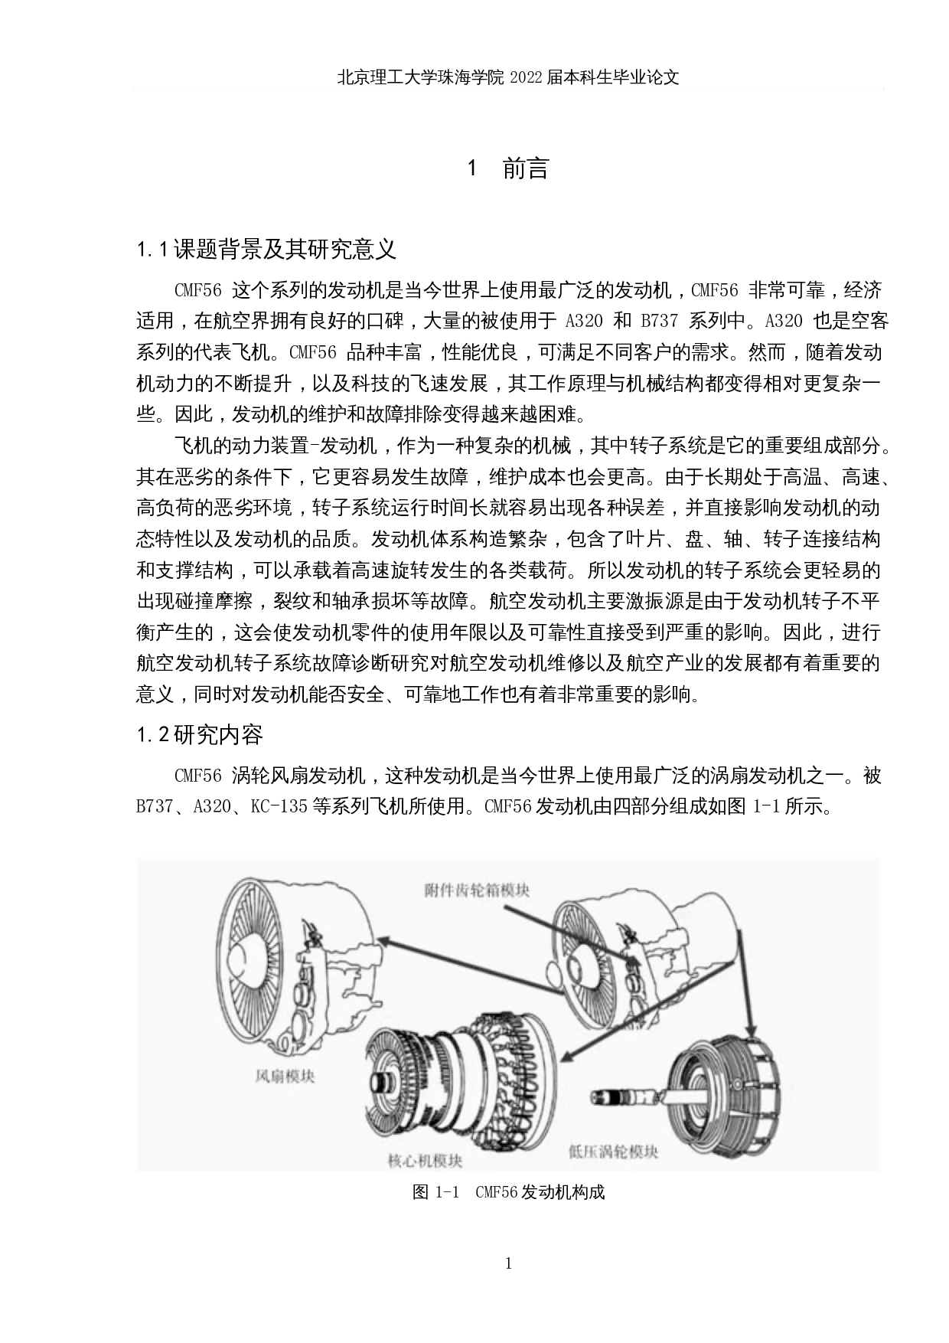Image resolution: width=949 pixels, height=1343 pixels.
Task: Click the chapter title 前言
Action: coord(526,168)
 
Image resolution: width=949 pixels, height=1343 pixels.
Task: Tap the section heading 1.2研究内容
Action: coord(200,735)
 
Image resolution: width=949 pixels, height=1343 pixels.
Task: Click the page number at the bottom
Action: coord(508,1263)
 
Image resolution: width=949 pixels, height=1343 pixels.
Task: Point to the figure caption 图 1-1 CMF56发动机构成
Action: coord(508,1192)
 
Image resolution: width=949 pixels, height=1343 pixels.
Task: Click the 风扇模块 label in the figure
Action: coord(284,1077)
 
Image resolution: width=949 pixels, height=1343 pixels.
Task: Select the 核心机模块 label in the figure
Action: coord(426,1160)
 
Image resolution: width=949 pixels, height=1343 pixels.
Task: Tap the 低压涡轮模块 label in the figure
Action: coord(613,1151)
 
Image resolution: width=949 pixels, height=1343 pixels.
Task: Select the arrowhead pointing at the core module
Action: coord(568,1056)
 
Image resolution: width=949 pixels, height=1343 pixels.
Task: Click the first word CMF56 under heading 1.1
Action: coord(198,290)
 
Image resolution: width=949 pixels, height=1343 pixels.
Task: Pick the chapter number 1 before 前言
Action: coord(472,168)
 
